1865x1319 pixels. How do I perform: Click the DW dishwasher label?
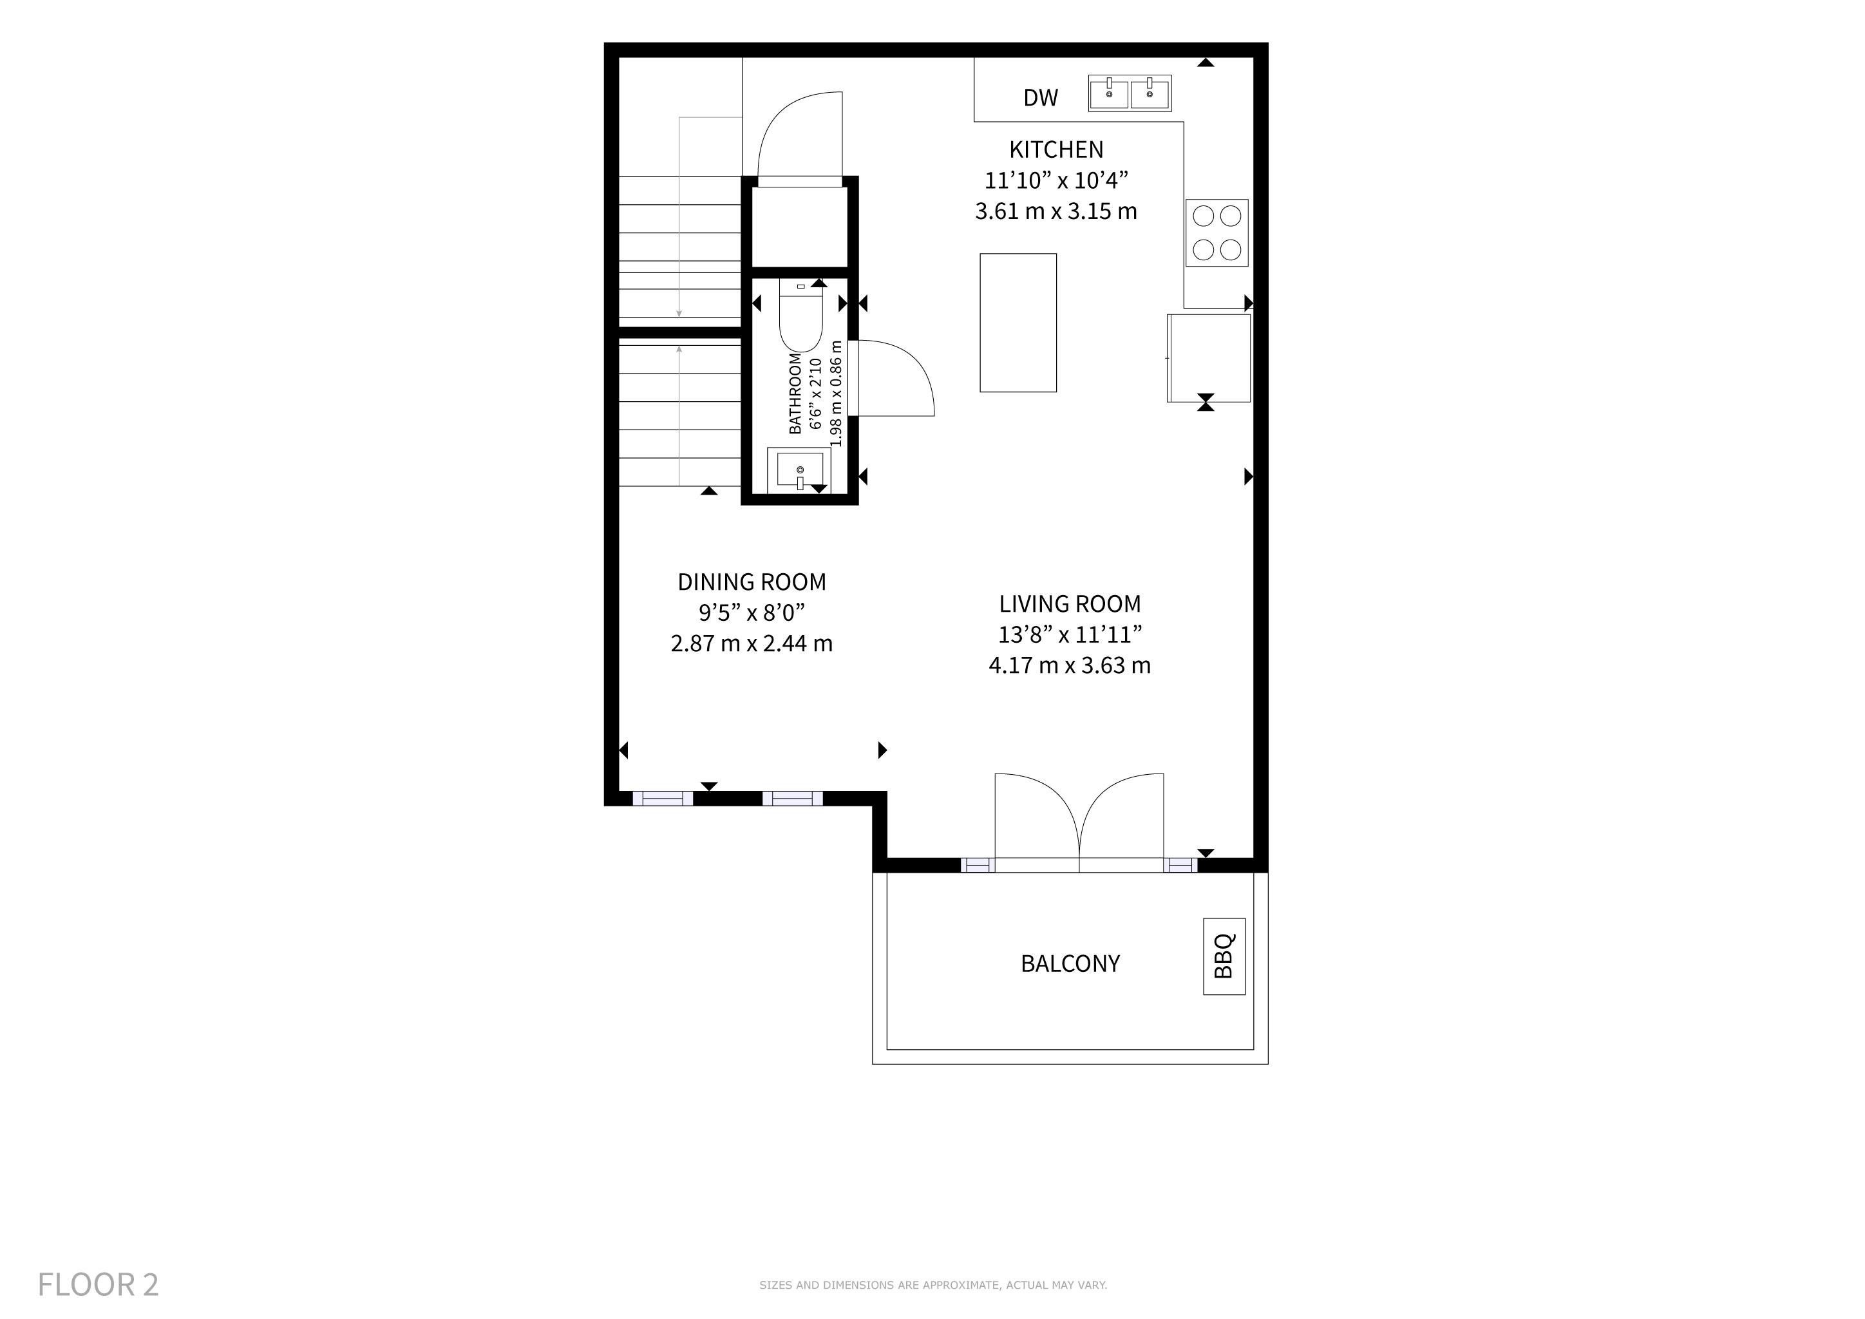coord(1041,97)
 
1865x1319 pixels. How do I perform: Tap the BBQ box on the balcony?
coord(1224,956)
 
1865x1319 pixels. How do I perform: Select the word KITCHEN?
coord(1056,149)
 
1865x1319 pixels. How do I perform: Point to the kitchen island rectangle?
coord(1018,323)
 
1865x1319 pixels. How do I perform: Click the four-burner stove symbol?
coord(1217,232)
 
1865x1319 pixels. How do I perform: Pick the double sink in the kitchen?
coord(1130,93)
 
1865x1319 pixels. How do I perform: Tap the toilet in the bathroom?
coord(801,315)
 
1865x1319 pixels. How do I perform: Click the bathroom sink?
coord(800,470)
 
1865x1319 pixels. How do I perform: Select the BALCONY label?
coord(1070,963)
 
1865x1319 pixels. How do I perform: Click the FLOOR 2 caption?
coord(99,1285)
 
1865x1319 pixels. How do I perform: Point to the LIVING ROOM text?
coord(1070,603)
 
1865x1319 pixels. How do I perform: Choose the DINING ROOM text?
coord(752,582)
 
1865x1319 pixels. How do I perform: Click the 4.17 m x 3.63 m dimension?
coord(1070,665)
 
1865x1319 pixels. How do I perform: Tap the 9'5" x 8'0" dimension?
coord(752,612)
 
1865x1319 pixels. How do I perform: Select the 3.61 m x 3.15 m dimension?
coord(1056,211)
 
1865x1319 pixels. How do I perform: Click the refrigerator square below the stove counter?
coord(1209,357)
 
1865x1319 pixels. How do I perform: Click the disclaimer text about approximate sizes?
coord(933,1285)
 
